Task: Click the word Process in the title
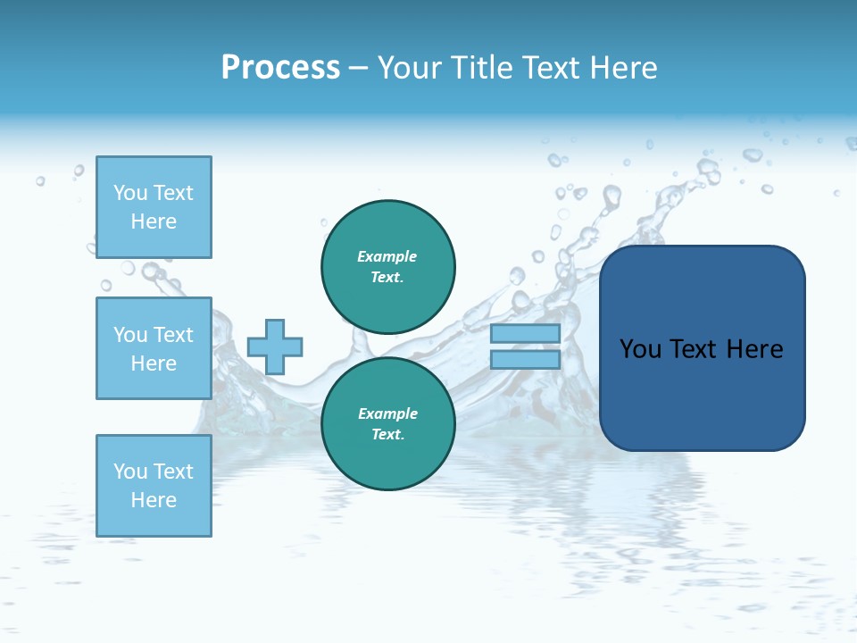click(280, 68)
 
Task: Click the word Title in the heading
click(483, 68)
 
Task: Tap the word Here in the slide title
click(622, 68)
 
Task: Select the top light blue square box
click(154, 207)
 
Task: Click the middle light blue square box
click(154, 348)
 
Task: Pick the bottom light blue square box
click(154, 486)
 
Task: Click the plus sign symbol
click(275, 347)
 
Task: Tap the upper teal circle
click(388, 267)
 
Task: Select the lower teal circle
click(388, 424)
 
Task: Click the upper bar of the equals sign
click(525, 334)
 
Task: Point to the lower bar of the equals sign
click(525, 360)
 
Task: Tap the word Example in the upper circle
click(387, 256)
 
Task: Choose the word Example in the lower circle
click(387, 413)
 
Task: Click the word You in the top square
click(130, 193)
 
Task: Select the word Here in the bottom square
click(154, 500)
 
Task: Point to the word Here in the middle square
click(154, 363)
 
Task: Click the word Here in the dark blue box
click(755, 349)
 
